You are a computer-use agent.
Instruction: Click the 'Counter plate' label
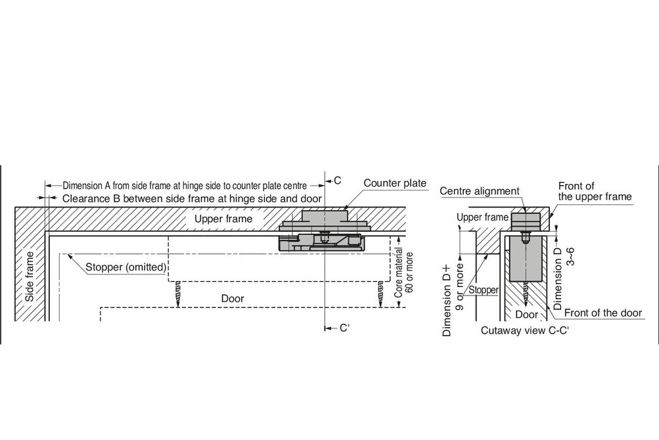click(x=395, y=183)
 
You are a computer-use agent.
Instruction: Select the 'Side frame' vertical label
click(x=30, y=276)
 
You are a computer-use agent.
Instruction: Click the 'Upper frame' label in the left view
click(x=223, y=219)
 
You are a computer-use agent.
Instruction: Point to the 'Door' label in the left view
click(x=233, y=299)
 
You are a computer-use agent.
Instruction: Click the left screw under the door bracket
click(x=177, y=293)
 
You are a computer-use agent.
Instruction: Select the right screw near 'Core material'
click(x=380, y=293)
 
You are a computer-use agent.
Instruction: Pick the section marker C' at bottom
click(x=344, y=328)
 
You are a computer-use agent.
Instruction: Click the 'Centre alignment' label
click(x=480, y=191)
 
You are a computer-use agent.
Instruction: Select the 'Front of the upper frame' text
click(x=595, y=191)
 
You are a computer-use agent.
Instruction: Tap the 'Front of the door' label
click(x=602, y=313)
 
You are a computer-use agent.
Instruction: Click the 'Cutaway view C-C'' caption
click(x=524, y=330)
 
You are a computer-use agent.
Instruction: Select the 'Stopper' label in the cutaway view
click(x=484, y=290)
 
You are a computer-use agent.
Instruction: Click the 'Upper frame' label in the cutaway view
click(x=482, y=217)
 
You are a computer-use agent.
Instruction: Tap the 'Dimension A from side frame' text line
click(x=189, y=186)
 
